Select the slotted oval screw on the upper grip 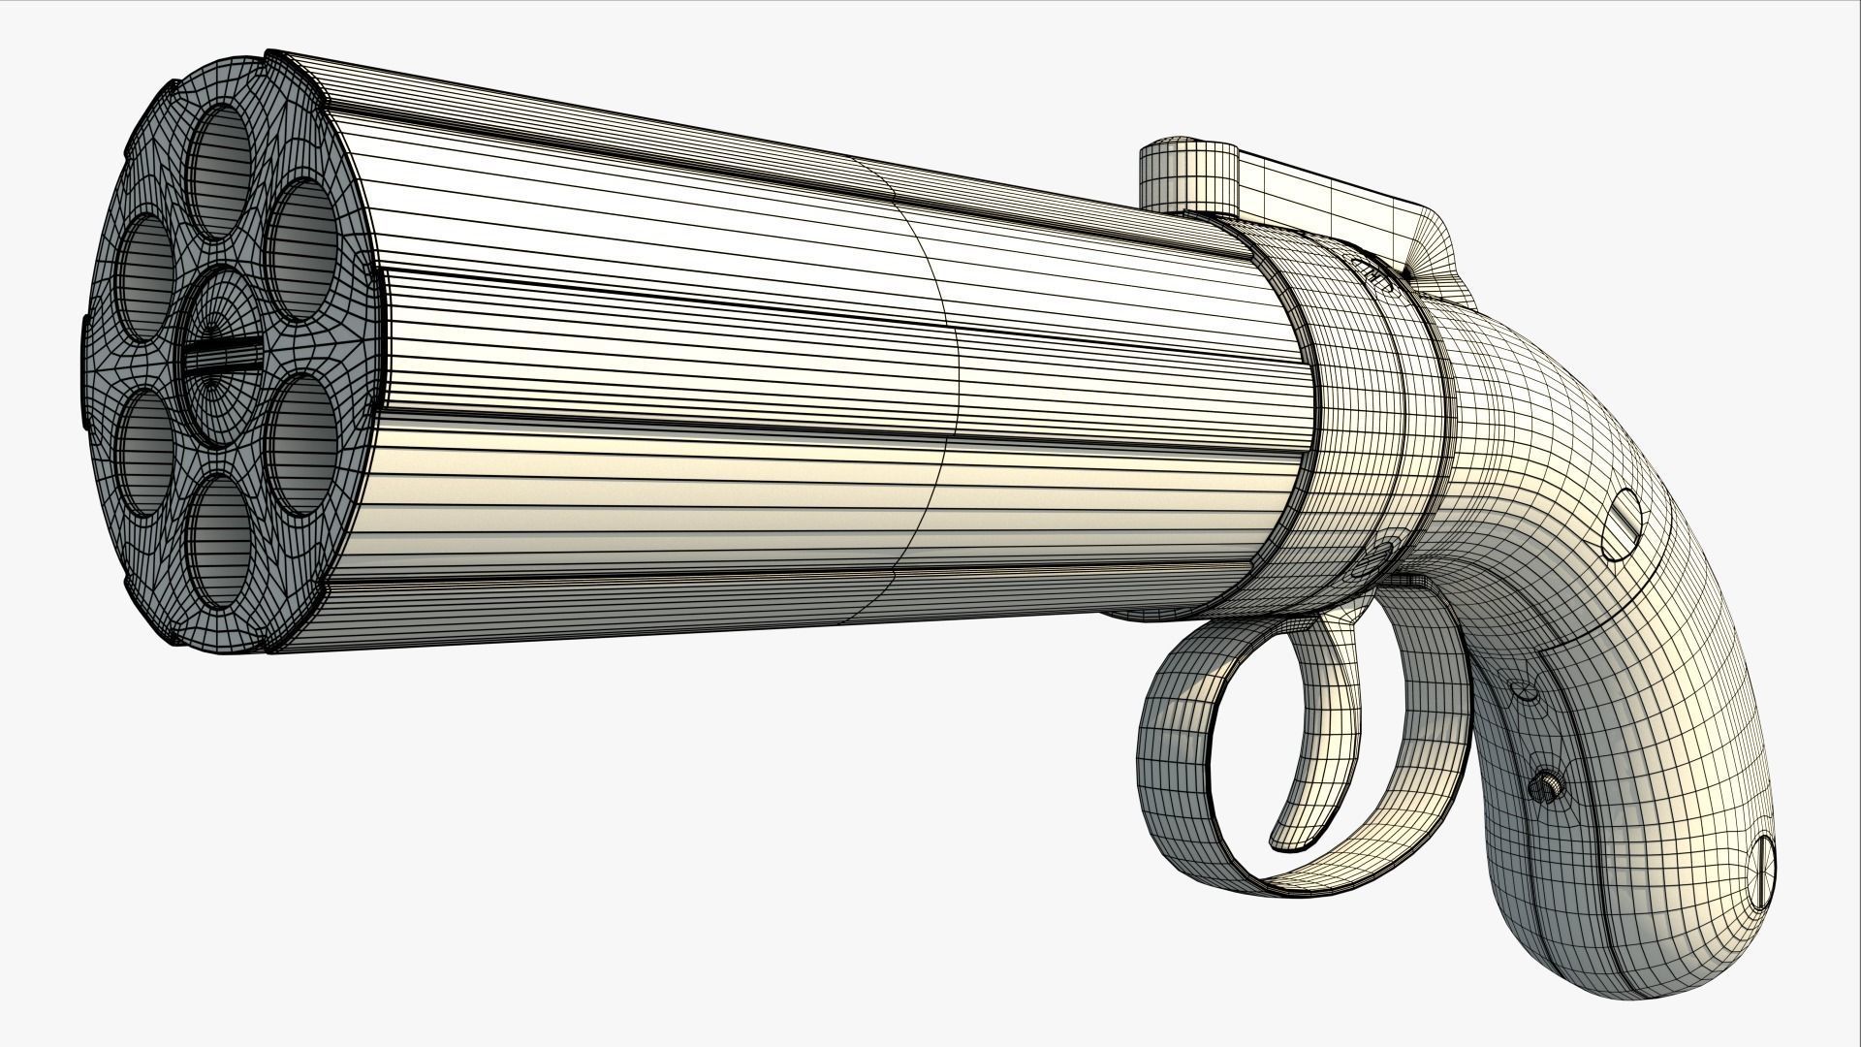[1622, 524]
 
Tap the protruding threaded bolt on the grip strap [1547, 788]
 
